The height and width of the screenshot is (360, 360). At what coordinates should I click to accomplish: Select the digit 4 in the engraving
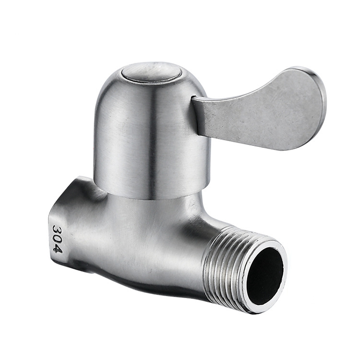click(58, 249)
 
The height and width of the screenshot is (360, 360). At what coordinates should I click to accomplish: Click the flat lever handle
click(259, 110)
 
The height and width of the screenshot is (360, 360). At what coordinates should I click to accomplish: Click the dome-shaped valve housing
click(152, 133)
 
